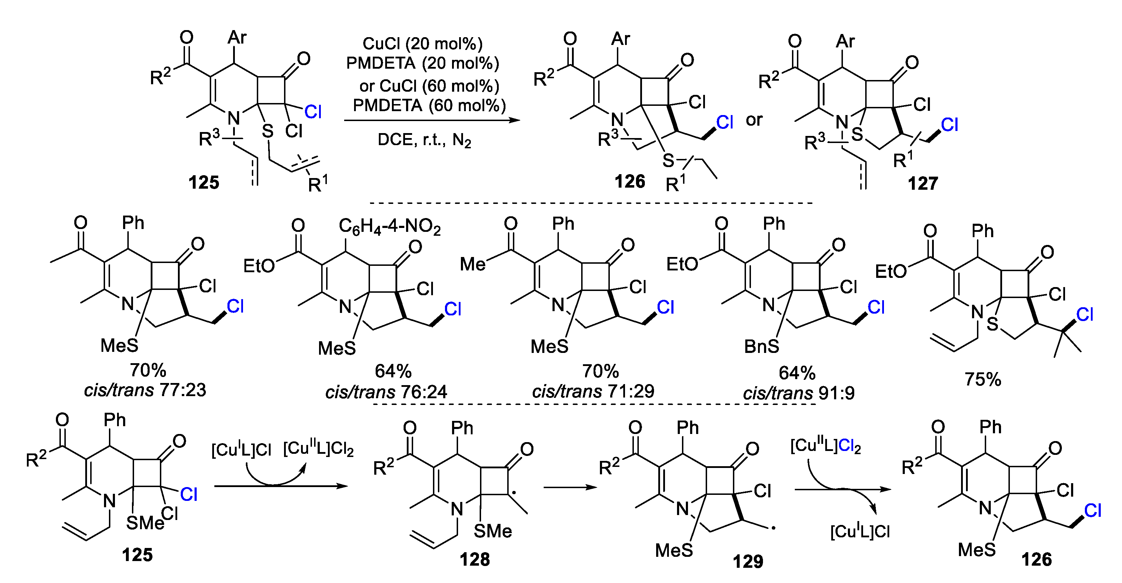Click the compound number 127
[x=923, y=183]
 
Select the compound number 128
[x=474, y=559]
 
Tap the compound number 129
[x=748, y=561]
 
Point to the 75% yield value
[x=983, y=379]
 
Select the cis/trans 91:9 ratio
[x=799, y=393]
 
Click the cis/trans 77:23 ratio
[x=145, y=390]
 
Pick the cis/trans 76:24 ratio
[x=386, y=392]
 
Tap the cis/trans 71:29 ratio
[x=593, y=391]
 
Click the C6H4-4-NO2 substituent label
[x=389, y=227]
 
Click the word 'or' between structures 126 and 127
[x=754, y=120]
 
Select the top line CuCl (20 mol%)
[x=422, y=44]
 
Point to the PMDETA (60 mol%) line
[x=429, y=105]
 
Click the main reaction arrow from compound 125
[x=432, y=120]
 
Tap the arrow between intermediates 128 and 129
[x=570, y=487]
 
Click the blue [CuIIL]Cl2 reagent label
[x=825, y=446]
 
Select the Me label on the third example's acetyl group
[x=473, y=264]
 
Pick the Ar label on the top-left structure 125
[x=237, y=38]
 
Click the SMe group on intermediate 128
[x=493, y=531]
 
